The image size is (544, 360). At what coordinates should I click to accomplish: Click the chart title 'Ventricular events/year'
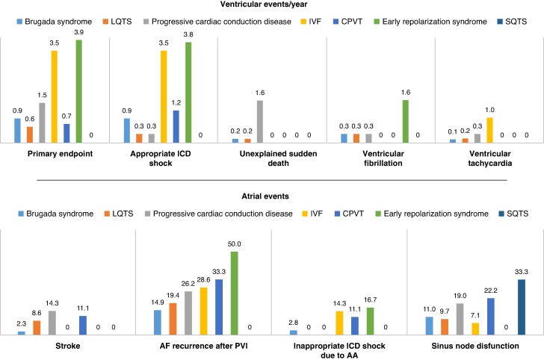tap(271, 7)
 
